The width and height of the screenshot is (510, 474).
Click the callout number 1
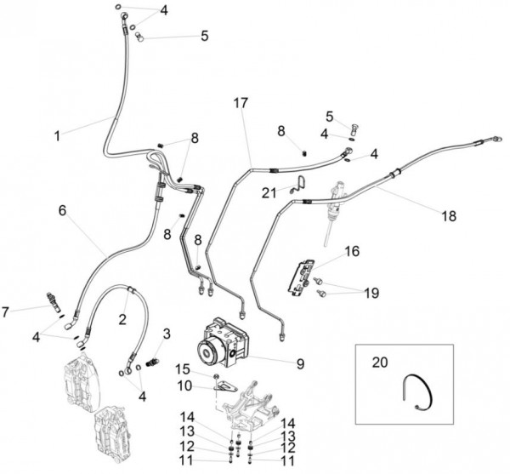pos(57,135)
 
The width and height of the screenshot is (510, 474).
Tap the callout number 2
pos(122,320)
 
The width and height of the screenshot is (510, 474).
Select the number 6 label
pos(61,209)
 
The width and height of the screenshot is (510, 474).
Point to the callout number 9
pos(300,363)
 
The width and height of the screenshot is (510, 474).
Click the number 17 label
pos(241,103)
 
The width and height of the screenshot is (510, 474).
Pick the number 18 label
pos(448,216)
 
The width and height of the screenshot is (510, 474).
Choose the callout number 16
pos(353,251)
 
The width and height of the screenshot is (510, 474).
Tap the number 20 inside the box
pos(379,362)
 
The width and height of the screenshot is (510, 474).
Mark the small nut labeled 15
pos(218,375)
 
